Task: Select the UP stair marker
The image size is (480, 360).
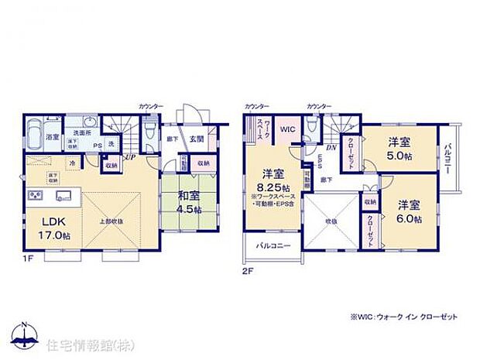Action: coord(131,156)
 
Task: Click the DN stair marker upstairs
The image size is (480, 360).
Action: coord(330,147)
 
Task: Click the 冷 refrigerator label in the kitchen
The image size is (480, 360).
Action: coord(72,164)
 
